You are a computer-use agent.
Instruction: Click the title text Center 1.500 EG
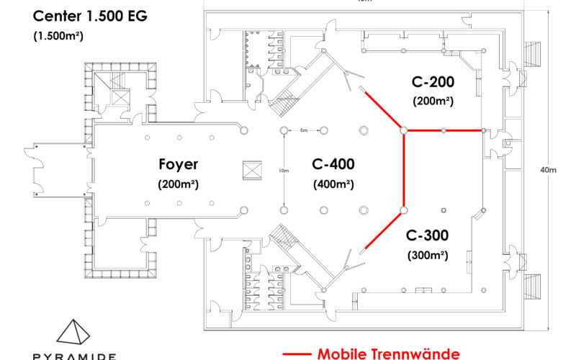click(x=90, y=15)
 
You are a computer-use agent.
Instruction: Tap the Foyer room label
click(x=179, y=164)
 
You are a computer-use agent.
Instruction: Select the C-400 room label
click(x=333, y=164)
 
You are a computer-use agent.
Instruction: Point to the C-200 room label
click(x=433, y=82)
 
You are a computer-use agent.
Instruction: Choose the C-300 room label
click(x=427, y=235)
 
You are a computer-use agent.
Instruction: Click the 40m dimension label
click(x=550, y=171)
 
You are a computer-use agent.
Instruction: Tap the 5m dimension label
click(x=305, y=130)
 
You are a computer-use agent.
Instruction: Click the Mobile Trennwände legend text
click(x=388, y=354)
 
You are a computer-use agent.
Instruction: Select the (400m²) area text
click(x=333, y=184)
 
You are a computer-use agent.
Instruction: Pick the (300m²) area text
click(x=428, y=255)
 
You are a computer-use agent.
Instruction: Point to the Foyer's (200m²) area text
click(x=179, y=184)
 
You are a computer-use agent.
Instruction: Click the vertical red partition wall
click(x=404, y=171)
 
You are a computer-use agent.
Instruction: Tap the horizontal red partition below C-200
click(x=443, y=130)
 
